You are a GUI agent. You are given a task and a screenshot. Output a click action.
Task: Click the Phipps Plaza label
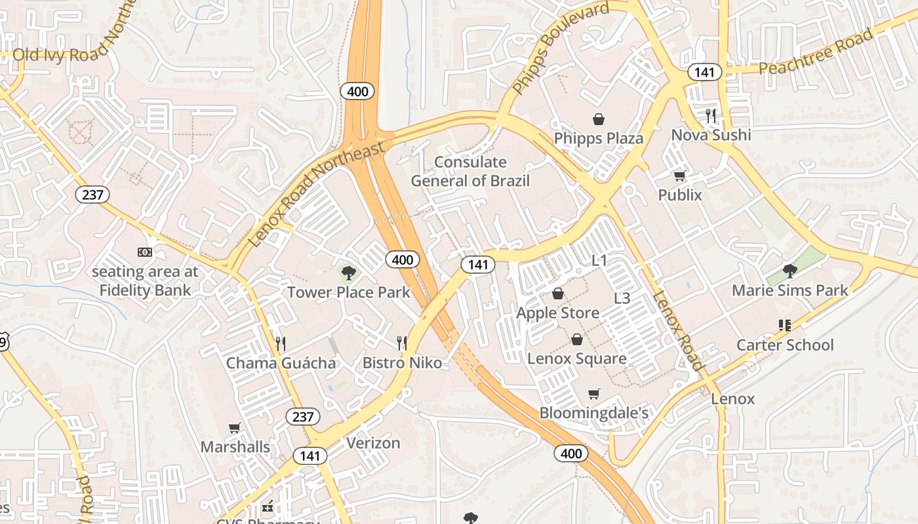coord(598,139)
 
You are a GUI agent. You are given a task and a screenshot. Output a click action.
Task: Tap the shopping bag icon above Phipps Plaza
coord(598,119)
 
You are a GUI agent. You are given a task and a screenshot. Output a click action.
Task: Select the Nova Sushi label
coord(711,135)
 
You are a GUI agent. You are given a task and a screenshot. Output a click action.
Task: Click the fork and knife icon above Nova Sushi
coord(711,116)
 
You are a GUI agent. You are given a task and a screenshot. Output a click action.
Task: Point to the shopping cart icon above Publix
coord(680,176)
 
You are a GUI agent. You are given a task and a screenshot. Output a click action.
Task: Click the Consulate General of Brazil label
coord(470,172)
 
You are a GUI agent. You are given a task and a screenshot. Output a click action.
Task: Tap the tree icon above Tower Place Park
coord(348,272)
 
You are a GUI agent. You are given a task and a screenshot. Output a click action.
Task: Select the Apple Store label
coord(557,313)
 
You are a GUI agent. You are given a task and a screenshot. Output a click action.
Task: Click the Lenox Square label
coord(576,359)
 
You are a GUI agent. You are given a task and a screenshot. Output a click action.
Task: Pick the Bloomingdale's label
coord(593,413)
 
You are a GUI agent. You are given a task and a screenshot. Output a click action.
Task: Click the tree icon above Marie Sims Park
coord(790,271)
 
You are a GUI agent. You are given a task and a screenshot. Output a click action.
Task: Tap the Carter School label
coord(785,345)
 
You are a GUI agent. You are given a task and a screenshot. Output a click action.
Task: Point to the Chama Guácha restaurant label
coord(281,363)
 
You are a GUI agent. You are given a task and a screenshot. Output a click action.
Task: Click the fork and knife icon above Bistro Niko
coord(402,343)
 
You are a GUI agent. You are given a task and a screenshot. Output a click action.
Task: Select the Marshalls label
coord(235,447)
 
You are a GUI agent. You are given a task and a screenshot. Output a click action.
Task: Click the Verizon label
coord(373,443)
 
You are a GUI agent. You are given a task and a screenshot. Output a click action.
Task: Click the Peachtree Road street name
coord(816,52)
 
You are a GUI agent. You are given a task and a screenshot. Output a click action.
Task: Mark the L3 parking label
coord(622,299)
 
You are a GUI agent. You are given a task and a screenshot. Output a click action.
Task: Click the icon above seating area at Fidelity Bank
coord(144,252)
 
